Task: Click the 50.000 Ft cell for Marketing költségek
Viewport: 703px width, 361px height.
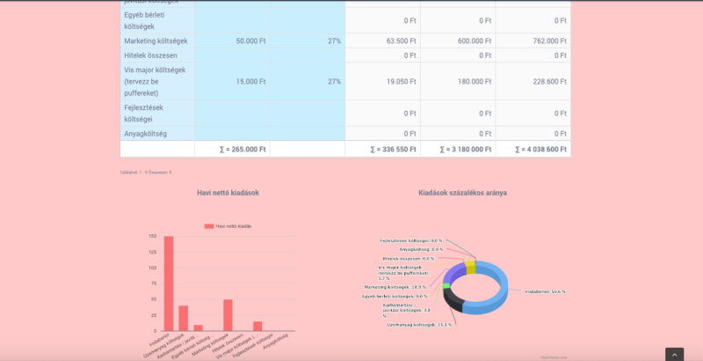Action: tap(257, 41)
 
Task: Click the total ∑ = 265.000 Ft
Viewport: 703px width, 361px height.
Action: tap(243, 150)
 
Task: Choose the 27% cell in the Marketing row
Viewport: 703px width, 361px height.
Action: tap(334, 41)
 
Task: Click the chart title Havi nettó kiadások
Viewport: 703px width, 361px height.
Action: tap(228, 193)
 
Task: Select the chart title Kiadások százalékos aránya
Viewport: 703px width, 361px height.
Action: tap(462, 193)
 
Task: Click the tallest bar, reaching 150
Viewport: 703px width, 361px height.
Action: tap(169, 282)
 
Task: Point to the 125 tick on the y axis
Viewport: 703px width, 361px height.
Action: tap(152, 252)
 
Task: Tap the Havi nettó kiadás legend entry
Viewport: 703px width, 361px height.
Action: tap(228, 226)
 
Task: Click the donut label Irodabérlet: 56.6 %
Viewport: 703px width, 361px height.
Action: tap(545, 291)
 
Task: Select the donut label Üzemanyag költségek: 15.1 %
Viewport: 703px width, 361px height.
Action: tap(419, 325)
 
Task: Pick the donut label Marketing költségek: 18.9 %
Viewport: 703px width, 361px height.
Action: tap(395, 287)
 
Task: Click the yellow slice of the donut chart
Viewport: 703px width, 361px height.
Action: tap(470, 267)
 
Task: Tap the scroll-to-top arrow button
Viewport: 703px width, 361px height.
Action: tap(674, 354)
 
